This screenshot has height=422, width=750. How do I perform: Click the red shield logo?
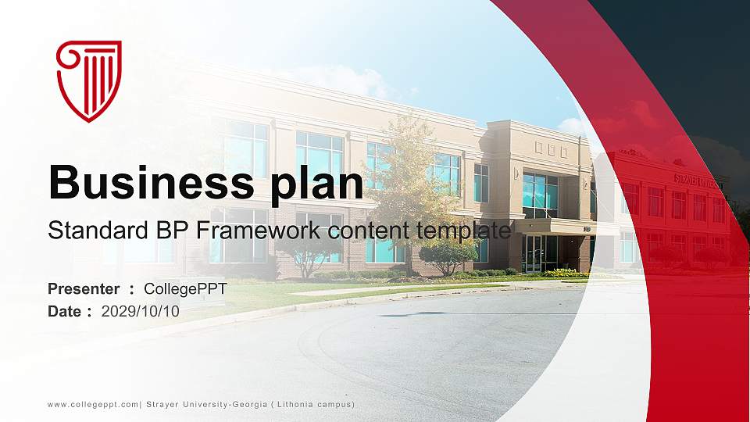point(89,81)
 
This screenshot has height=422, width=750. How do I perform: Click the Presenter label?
point(84,289)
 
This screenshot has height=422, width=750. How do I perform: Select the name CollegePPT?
point(185,289)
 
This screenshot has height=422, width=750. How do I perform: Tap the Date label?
point(65,311)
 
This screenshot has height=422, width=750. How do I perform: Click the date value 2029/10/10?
point(141,311)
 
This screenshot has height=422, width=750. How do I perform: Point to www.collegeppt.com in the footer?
point(92,404)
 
